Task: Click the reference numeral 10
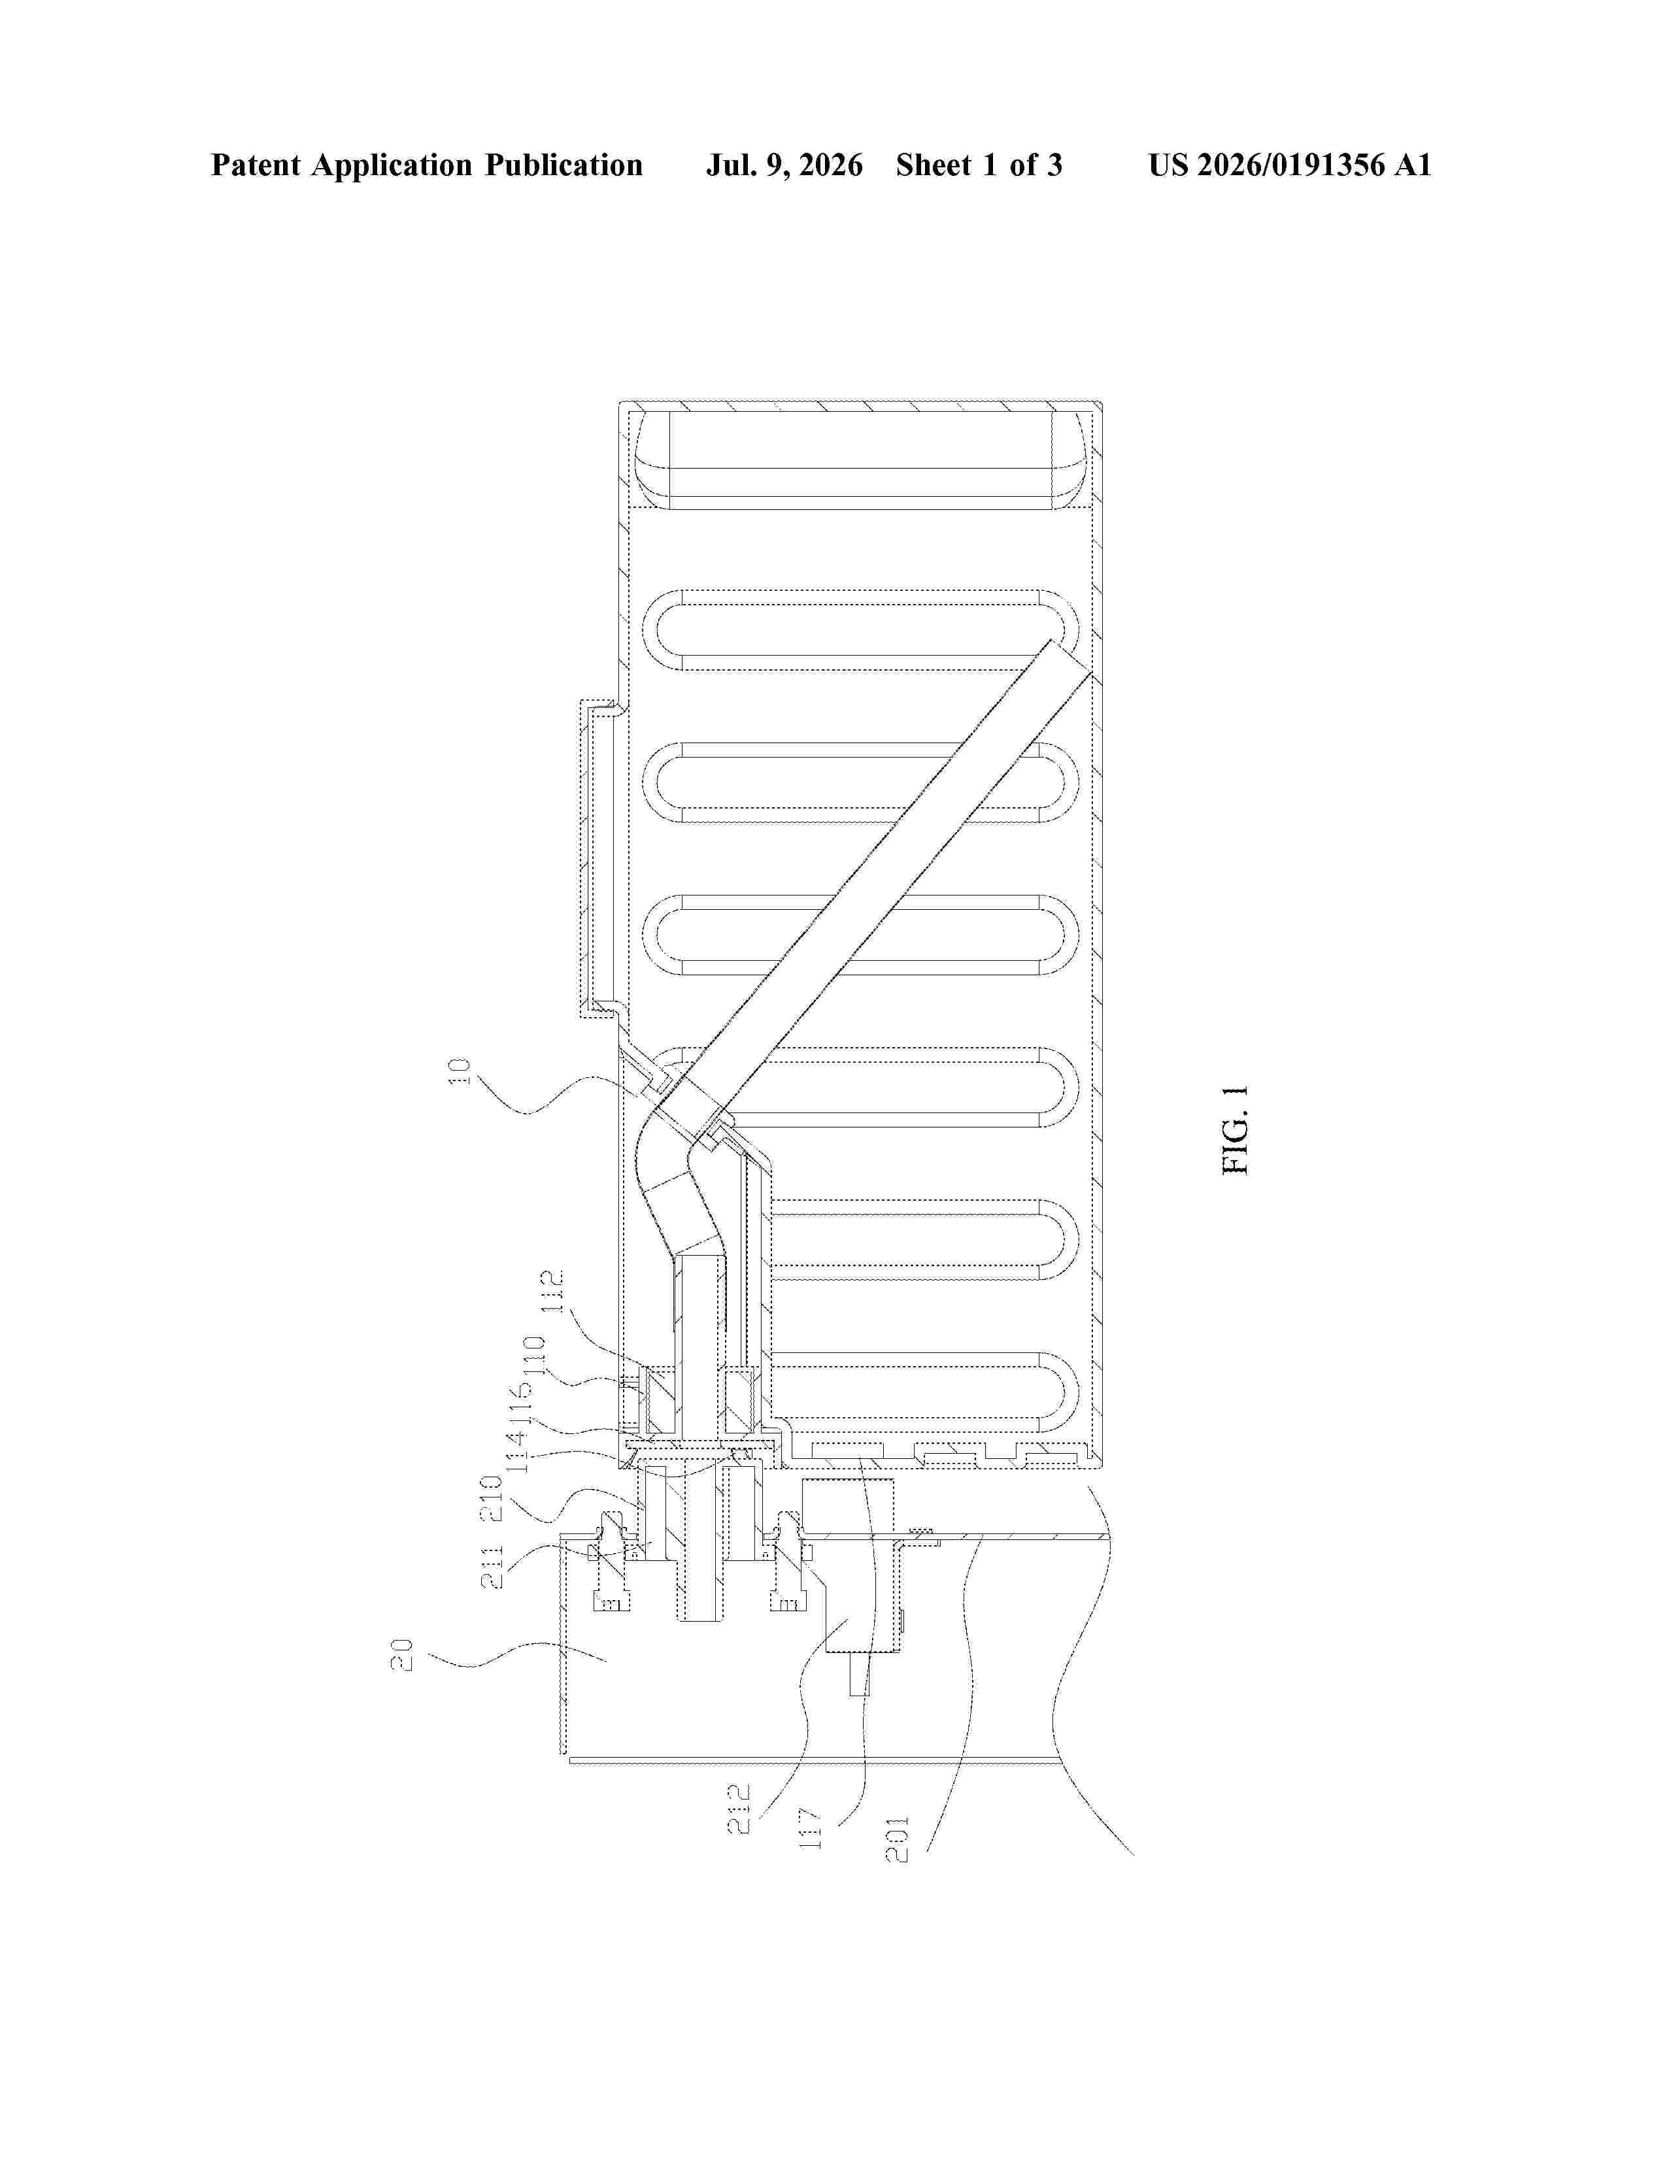pyautogui.click(x=461, y=1073)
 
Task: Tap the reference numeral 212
pyautogui.click(x=739, y=1809)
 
